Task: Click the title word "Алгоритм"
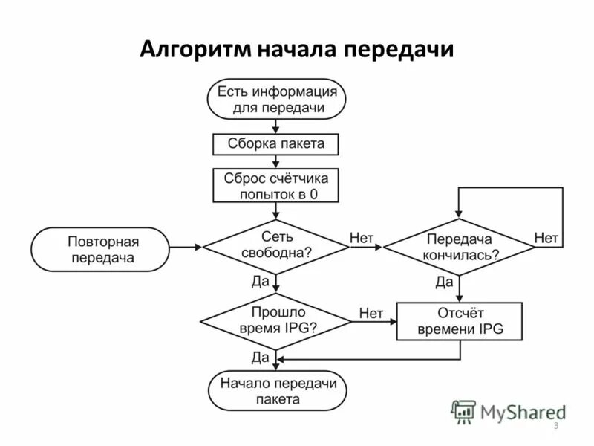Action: (x=195, y=49)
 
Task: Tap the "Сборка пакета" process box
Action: (x=276, y=143)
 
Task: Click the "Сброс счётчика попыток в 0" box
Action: (x=276, y=186)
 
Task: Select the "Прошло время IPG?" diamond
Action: (x=276, y=320)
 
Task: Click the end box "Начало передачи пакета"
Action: (x=276, y=391)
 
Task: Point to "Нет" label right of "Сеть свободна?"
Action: (x=362, y=238)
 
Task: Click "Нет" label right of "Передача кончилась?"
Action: (x=546, y=238)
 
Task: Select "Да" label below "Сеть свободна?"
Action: (x=261, y=282)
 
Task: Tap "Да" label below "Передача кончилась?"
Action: (x=444, y=282)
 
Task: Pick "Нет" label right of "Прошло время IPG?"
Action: (x=371, y=314)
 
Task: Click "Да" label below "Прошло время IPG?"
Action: (x=261, y=357)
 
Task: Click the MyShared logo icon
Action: (x=464, y=411)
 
